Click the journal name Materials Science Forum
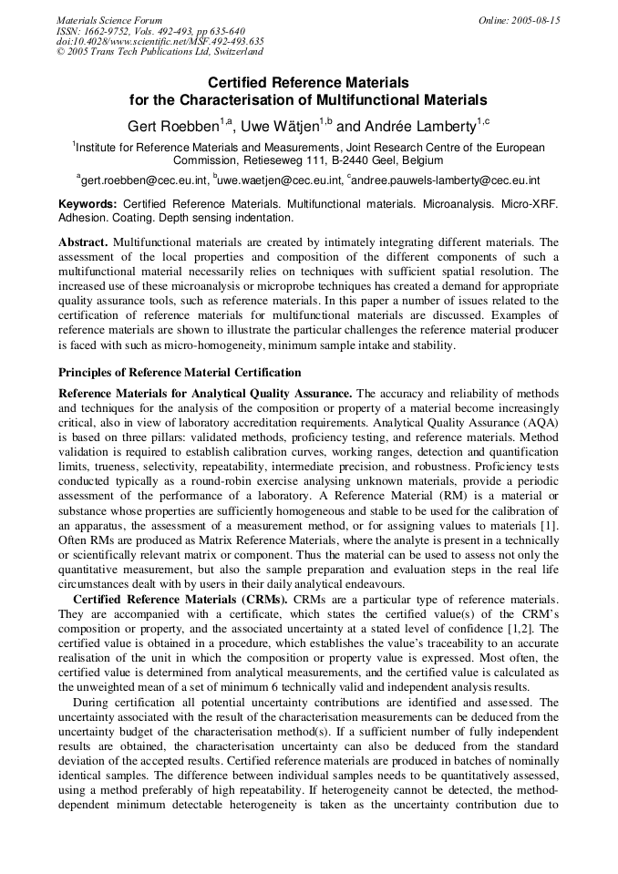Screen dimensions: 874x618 (109, 20)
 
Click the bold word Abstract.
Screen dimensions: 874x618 (83, 242)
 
